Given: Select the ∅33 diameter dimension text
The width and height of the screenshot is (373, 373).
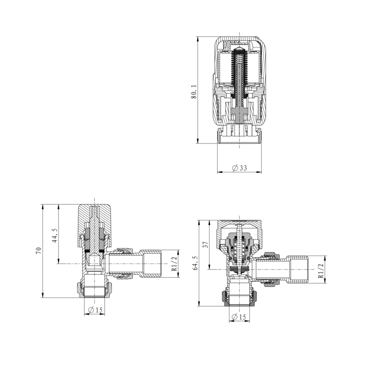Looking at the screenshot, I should [x=240, y=168].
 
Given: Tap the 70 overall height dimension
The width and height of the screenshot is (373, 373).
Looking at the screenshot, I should [x=39, y=251].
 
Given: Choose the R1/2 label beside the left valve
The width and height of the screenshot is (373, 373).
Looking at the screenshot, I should [x=174, y=264].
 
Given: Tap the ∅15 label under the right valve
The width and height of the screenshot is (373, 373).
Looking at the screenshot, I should [x=240, y=317].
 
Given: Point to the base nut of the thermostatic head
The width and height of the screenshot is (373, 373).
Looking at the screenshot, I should [x=240, y=134].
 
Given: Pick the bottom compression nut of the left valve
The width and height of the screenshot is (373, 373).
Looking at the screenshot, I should [x=94, y=289].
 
